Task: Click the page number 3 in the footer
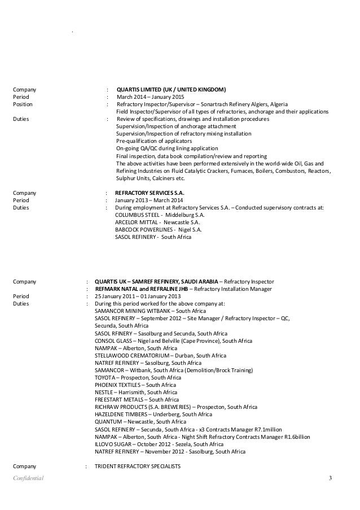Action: (330, 479)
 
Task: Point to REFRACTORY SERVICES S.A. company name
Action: (150, 193)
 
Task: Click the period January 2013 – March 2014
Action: (146, 200)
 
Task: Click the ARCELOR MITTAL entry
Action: (152, 223)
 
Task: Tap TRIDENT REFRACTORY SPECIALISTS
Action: (137, 467)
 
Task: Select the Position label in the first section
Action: (23, 104)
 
